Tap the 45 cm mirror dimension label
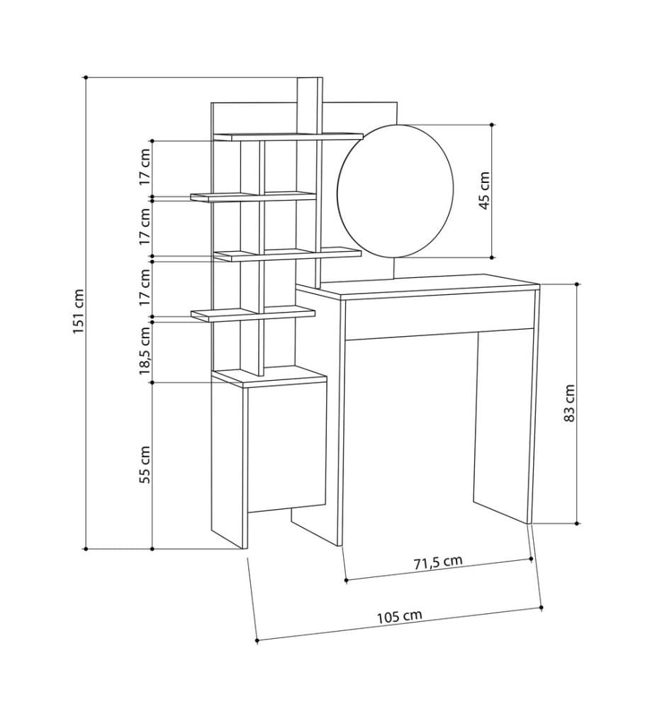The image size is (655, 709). [x=484, y=190]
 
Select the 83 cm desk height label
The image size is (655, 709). [x=569, y=403]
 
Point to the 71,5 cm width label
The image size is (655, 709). [x=438, y=562]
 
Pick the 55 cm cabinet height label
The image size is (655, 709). [x=145, y=465]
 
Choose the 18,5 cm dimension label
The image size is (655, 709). [x=145, y=351]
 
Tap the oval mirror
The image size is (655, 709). [x=395, y=191]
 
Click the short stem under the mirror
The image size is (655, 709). [x=395, y=269]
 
